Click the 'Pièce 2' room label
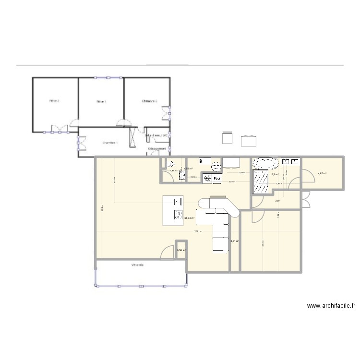point(54,101)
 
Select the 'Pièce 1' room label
point(101,101)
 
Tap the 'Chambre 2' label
point(149,101)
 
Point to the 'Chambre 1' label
point(110,143)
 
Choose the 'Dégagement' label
point(157,149)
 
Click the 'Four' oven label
point(217,179)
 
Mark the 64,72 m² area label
point(189,217)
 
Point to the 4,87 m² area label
point(322,173)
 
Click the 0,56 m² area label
point(181,250)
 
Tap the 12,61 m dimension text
point(197,231)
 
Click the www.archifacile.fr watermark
point(331,305)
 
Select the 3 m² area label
point(277,201)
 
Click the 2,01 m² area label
point(235,241)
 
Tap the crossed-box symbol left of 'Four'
point(207,179)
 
